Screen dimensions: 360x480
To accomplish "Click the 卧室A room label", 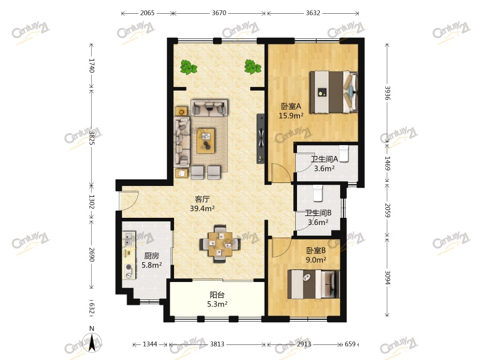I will [x=290, y=107].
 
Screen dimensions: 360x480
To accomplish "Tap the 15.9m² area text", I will [x=290, y=116].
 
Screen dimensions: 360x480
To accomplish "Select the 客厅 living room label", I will [x=202, y=199].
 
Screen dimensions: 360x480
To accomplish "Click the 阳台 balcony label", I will [x=217, y=295].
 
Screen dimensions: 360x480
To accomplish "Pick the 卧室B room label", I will [x=316, y=250].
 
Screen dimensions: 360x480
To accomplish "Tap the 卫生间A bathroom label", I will [x=325, y=160].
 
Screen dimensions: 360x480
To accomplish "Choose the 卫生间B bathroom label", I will [x=318, y=213].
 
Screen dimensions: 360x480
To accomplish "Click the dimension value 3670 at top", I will [x=218, y=12].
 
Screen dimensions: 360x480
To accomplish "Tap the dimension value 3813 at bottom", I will [x=217, y=344].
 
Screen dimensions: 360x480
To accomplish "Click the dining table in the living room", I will [x=220, y=244].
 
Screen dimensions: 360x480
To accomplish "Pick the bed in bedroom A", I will [x=333, y=92].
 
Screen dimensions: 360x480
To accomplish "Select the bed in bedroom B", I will [x=312, y=283].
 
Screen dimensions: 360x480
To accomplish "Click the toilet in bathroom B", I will [x=317, y=191].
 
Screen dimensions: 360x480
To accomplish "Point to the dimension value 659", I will [x=350, y=344].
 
